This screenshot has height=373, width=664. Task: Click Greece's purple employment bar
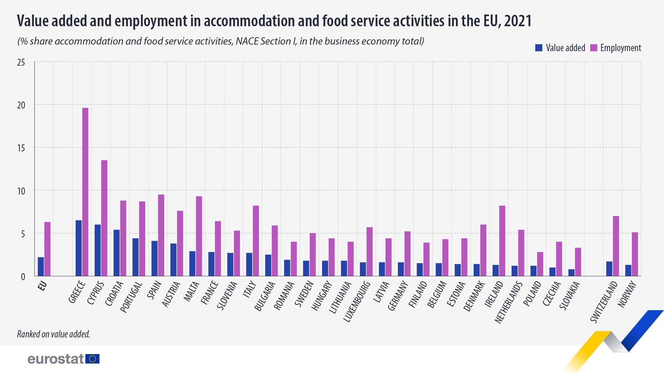pyautogui.click(x=85, y=192)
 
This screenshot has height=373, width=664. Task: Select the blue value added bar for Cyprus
pyautogui.click(x=97, y=250)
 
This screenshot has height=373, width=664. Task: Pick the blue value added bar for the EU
pyautogui.click(x=41, y=267)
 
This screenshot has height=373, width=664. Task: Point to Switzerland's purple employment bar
pyautogui.click(x=616, y=246)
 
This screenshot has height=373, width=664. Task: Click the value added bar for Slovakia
pyautogui.click(x=571, y=273)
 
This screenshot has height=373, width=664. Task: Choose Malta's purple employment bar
pyautogui.click(x=199, y=236)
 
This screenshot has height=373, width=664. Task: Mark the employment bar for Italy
pyautogui.click(x=256, y=241)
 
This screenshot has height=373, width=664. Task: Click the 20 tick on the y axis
pyautogui.click(x=21, y=105)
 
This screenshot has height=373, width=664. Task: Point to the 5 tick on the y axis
pyautogui.click(x=23, y=234)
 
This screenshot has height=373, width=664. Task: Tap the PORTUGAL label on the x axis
pyautogui.click(x=131, y=297)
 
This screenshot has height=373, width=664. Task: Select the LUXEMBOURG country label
pyautogui.click(x=357, y=302)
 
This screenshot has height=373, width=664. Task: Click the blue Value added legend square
pyautogui.click(x=539, y=48)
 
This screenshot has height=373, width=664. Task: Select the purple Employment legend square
pyautogui.click(x=593, y=48)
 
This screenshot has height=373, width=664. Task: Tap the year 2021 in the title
pyautogui.click(x=517, y=21)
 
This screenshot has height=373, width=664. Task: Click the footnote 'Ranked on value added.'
pyautogui.click(x=54, y=334)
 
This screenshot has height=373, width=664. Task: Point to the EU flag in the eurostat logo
pyautogui.click(x=93, y=359)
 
